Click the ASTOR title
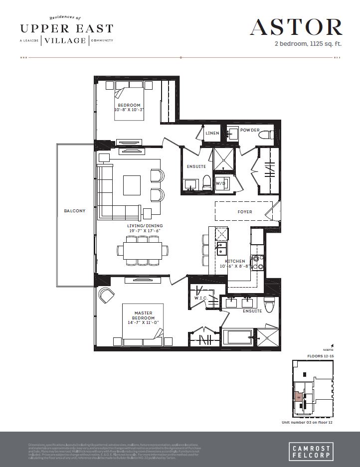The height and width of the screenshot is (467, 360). (296, 27)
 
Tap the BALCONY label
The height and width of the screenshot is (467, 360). (74, 211)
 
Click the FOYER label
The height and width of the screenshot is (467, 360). (244, 212)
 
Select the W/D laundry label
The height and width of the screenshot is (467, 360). (220, 182)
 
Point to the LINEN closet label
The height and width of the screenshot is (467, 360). (212, 133)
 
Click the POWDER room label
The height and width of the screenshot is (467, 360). (249, 130)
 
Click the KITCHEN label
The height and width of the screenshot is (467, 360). (234, 261)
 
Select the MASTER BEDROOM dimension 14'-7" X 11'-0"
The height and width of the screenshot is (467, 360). (144, 323)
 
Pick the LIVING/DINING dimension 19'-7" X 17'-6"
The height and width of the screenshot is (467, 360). (144, 231)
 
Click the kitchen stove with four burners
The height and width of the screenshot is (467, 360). (258, 262)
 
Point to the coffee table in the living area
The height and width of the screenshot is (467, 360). (133, 185)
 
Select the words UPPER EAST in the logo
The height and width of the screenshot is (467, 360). (67, 28)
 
